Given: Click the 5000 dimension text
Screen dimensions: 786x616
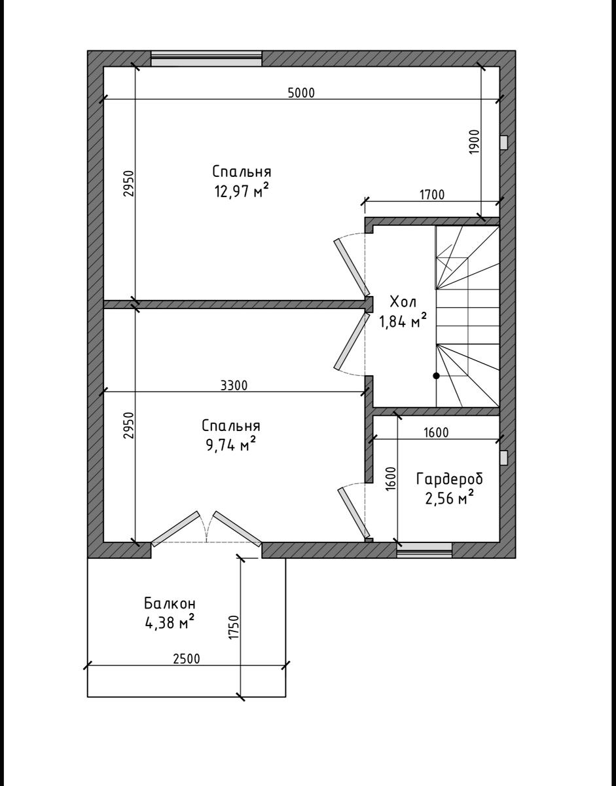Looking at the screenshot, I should [301, 92].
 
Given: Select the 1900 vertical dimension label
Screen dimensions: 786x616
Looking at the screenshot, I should [475, 142].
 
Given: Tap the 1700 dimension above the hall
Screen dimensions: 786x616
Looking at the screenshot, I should [431, 194].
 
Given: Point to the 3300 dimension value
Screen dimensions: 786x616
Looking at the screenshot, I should [234, 385].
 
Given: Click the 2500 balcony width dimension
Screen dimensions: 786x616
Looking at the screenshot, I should [186, 659].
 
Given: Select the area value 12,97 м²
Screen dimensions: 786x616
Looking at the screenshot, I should [242, 192].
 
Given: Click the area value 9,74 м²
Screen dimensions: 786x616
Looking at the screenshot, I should [230, 445].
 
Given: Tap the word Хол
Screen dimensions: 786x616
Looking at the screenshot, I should [403, 303].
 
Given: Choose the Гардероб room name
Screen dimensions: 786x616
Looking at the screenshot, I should [449, 479].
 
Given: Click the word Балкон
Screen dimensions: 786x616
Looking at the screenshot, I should [170, 603].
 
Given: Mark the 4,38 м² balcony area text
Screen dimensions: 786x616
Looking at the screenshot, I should [170, 622].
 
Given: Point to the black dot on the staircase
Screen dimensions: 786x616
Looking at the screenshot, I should [436, 376].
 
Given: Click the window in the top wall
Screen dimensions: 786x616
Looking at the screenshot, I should [206, 58].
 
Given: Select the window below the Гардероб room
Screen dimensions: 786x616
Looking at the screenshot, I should [424, 550].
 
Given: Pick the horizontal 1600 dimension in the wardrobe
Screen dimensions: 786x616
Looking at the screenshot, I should [436, 433].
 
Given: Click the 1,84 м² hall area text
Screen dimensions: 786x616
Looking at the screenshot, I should [403, 321].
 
